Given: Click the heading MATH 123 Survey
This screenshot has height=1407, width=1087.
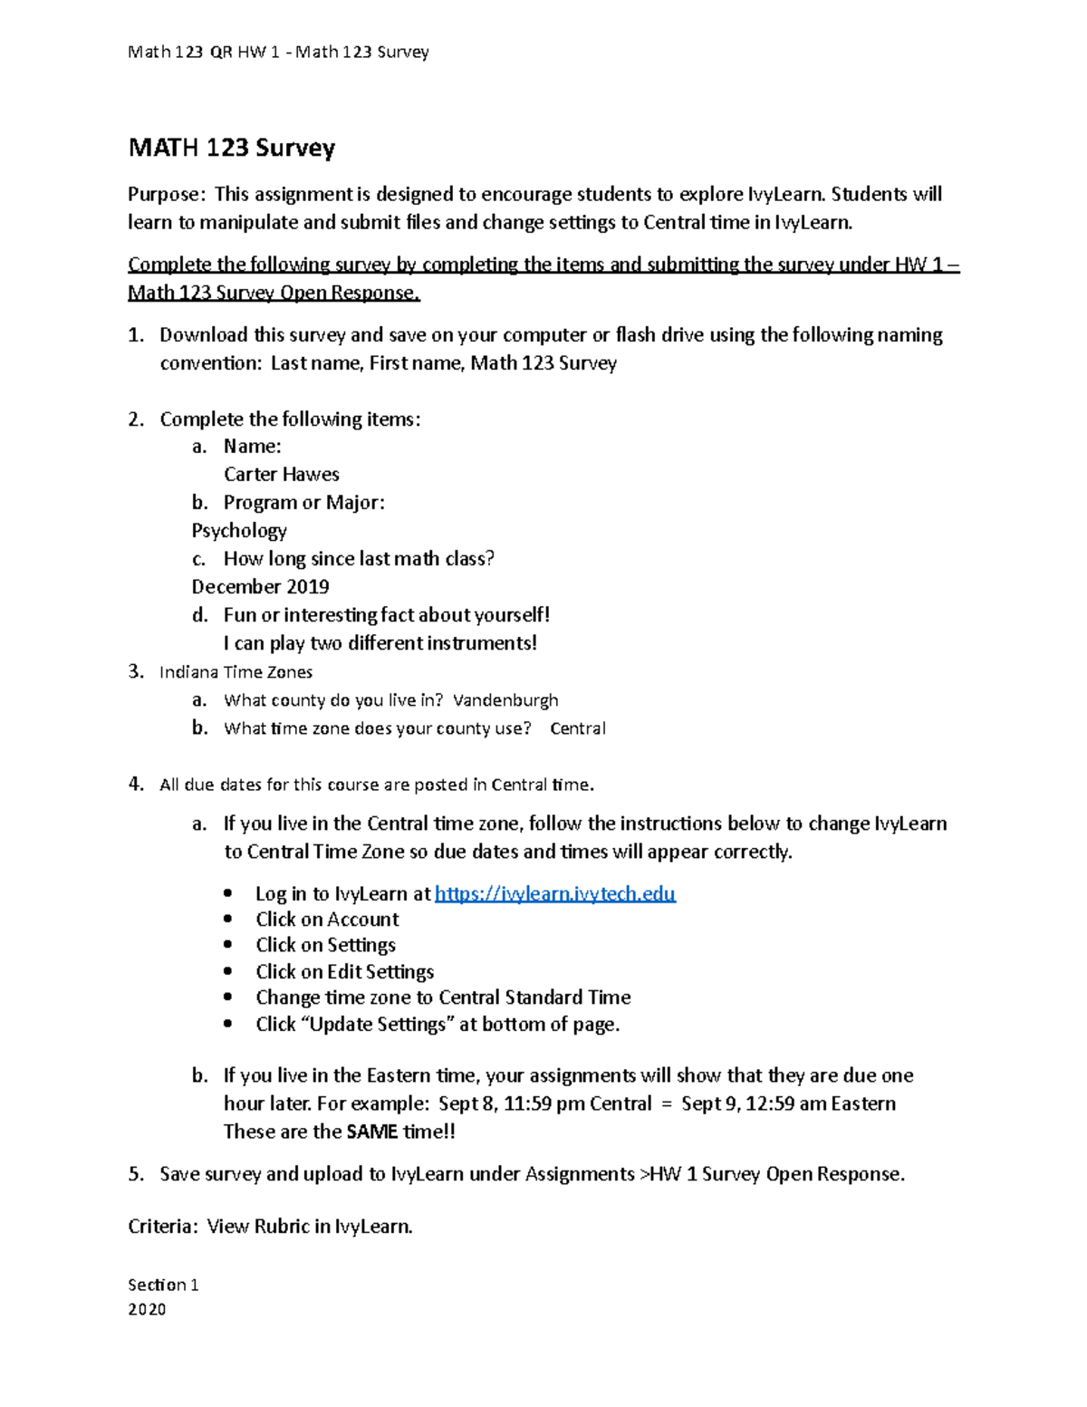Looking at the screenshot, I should (x=232, y=148).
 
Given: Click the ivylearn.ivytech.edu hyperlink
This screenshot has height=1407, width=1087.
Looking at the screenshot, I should (x=554, y=894).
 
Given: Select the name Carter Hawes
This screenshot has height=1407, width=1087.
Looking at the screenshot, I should (x=282, y=475).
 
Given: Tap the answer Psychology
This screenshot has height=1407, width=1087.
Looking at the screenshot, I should (x=239, y=531).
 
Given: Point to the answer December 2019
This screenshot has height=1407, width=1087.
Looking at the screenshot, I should (x=260, y=587).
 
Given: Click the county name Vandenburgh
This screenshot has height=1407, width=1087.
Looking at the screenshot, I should (x=505, y=700).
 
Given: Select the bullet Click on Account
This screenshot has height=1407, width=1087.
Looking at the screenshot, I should (x=327, y=920).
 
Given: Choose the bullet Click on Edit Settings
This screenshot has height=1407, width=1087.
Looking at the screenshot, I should (x=344, y=972).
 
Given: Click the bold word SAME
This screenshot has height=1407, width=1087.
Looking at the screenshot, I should (x=372, y=1132).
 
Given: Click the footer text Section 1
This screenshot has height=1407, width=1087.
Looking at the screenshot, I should (x=163, y=1285).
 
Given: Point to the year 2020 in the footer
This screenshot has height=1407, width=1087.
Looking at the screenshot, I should (x=147, y=1309).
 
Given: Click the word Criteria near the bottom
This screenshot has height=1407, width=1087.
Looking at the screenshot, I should (x=160, y=1227).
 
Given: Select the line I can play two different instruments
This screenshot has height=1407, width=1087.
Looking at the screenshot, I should (x=380, y=643).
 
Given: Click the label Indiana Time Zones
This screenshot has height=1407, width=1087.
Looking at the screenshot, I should (x=236, y=672).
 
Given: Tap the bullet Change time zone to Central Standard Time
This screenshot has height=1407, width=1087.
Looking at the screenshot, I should (x=443, y=997).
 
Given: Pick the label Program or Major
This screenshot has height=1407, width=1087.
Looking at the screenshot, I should (x=303, y=503).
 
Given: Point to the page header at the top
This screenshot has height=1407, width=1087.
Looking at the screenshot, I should (x=278, y=53).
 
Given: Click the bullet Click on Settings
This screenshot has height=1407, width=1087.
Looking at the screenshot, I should (x=325, y=945).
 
